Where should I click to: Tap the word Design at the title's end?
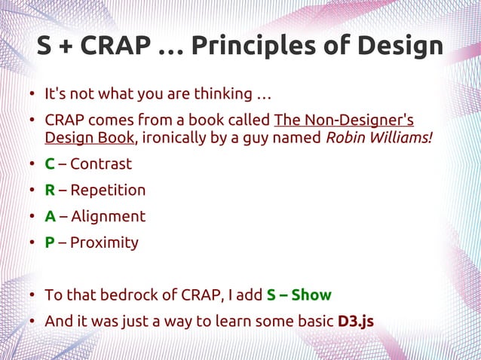(x=393, y=46)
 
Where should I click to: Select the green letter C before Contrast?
(x=50, y=164)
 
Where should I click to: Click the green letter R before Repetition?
(x=50, y=191)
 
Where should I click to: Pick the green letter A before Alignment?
(x=50, y=217)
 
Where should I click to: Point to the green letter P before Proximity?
(x=50, y=243)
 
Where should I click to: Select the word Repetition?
(x=108, y=191)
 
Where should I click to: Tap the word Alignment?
(x=108, y=217)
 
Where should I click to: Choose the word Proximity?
(x=104, y=243)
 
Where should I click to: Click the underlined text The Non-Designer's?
(x=344, y=121)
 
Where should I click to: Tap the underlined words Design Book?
(x=90, y=138)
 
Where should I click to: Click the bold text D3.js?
(x=356, y=322)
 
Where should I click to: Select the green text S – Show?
(x=299, y=295)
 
